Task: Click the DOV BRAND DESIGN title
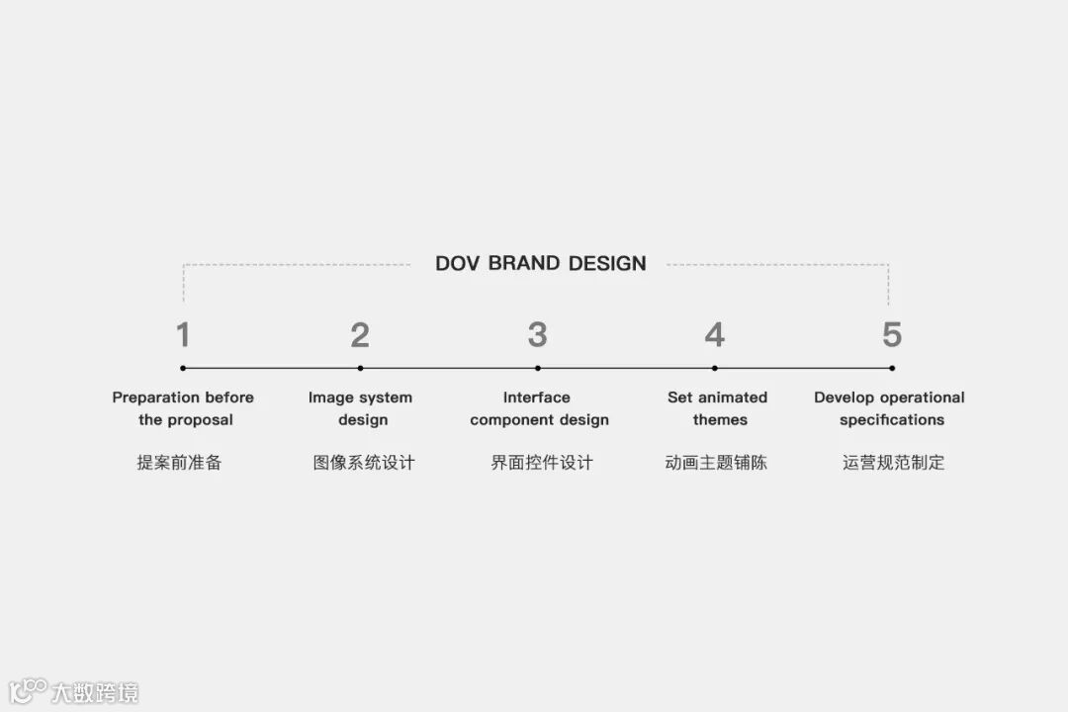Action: point(540,263)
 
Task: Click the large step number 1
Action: point(183,335)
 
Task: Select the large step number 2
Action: point(360,335)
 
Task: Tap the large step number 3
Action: point(537,335)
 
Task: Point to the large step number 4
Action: point(714,335)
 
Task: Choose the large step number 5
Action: point(892,335)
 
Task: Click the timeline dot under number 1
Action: point(183,368)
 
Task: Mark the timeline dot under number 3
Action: point(537,368)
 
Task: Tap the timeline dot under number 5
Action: point(892,368)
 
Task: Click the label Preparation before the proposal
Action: point(183,408)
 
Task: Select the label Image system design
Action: point(360,408)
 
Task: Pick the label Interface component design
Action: point(539,408)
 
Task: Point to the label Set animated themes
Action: point(718,408)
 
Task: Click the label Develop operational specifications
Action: point(890,408)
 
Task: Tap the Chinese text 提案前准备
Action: point(179,462)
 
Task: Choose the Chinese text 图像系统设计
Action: point(364,462)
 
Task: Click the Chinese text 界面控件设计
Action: point(542,462)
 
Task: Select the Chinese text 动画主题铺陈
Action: point(716,462)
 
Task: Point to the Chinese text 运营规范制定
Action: point(894,462)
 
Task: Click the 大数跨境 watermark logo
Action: point(74,691)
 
